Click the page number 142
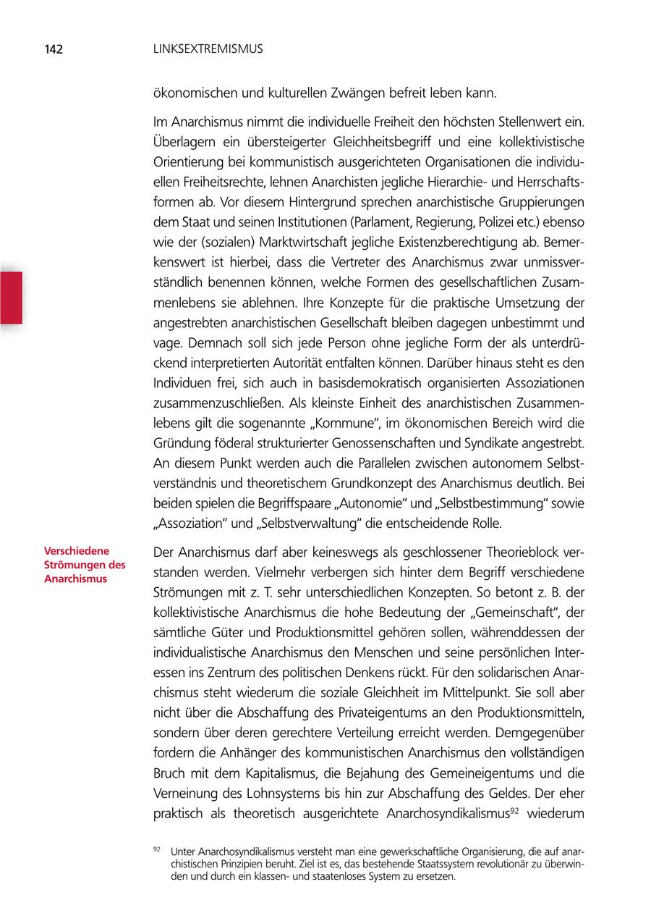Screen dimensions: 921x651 coord(53,50)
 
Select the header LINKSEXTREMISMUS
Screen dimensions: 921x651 coord(209,50)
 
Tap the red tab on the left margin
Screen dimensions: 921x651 coord(11,297)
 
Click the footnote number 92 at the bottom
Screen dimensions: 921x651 coord(156,849)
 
